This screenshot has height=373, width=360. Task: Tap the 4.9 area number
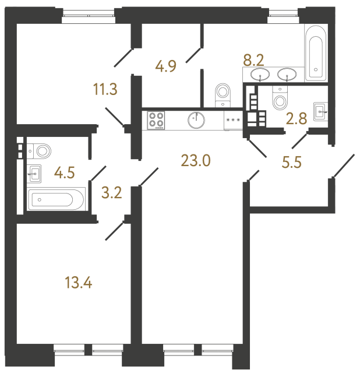165,65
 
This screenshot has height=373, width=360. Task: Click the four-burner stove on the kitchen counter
156,120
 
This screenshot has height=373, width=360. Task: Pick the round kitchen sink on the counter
196,120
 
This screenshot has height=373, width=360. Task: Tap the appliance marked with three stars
233,120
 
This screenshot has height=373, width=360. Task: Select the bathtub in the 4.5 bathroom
57,200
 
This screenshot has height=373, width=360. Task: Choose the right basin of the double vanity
287,74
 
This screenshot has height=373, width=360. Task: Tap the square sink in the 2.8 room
320,110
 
